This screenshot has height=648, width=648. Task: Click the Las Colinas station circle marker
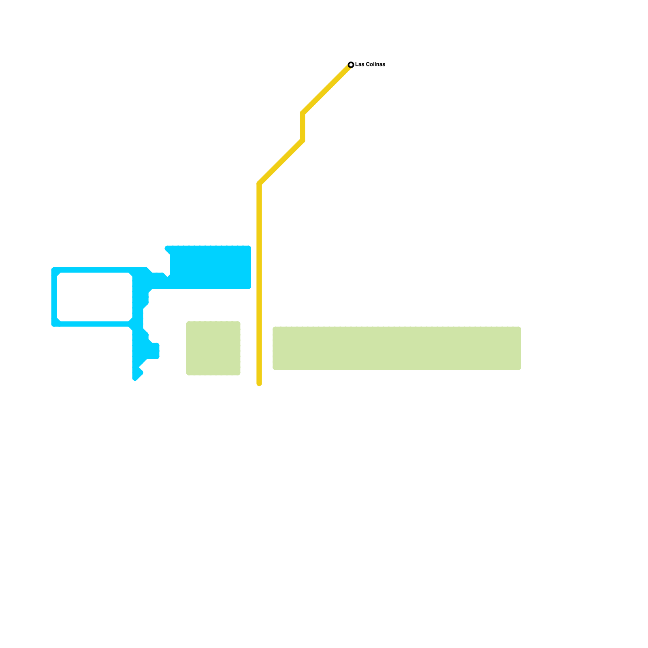click(x=351, y=65)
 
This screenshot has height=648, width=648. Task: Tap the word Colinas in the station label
click(x=375, y=64)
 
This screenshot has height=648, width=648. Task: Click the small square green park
click(x=213, y=348)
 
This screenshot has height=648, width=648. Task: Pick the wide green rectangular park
click(x=396, y=348)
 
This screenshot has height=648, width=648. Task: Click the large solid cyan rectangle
click(x=210, y=267)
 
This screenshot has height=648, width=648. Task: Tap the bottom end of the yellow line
click(x=259, y=383)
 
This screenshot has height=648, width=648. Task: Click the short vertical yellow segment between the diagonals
click(x=303, y=127)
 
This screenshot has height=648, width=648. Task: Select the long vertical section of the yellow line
click(x=259, y=283)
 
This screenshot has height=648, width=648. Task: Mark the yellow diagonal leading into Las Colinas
click(x=327, y=89)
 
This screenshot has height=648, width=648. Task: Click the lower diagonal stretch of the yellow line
click(x=281, y=162)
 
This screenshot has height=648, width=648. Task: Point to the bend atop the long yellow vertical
click(x=259, y=184)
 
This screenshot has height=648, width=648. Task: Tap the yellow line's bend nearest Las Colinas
click(x=303, y=113)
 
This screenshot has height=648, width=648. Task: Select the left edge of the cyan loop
click(x=54, y=297)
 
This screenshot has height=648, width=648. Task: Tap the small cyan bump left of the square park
click(x=154, y=351)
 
